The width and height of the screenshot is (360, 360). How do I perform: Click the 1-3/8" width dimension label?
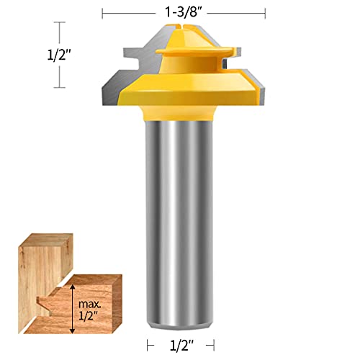(184, 12)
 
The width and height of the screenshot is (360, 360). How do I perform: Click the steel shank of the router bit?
(184, 216)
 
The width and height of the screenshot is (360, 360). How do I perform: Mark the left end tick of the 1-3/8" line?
(102, 12)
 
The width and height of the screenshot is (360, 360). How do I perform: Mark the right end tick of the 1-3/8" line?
(266, 12)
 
